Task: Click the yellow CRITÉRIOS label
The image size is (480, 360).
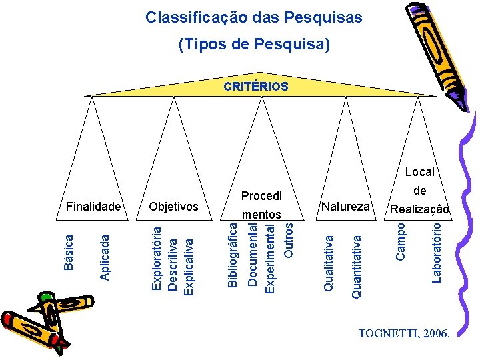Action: (x=256, y=87)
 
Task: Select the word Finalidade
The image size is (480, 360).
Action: (x=93, y=207)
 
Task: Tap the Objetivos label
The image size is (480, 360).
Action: (x=174, y=207)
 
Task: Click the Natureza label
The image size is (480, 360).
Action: (x=345, y=207)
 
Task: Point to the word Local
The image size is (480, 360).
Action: (x=420, y=172)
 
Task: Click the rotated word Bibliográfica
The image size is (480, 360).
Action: (x=232, y=256)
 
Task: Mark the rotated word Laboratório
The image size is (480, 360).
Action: (x=437, y=252)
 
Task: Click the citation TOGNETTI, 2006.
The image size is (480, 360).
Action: (x=405, y=333)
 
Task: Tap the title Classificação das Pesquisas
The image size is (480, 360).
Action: (x=254, y=17)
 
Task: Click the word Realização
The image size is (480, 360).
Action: (x=420, y=209)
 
